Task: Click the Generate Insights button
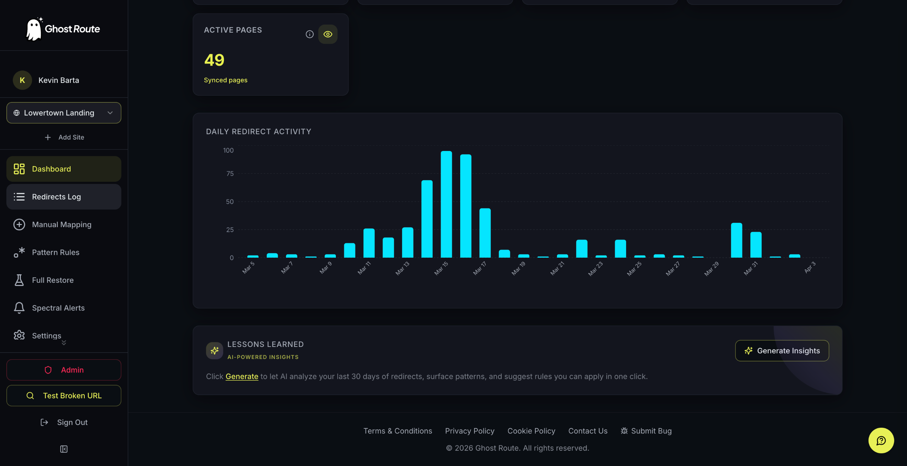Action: (782, 350)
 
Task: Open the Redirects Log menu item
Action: (64, 197)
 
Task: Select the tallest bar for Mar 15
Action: (446, 204)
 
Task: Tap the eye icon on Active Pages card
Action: (328, 34)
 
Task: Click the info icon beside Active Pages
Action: (310, 34)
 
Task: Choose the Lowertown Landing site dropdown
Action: (64, 113)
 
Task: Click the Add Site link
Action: (64, 137)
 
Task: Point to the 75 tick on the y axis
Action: (230, 174)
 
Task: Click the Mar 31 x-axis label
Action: (750, 268)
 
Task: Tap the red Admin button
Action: (64, 370)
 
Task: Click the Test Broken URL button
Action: (64, 395)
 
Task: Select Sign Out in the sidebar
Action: (64, 422)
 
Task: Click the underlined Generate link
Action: (242, 376)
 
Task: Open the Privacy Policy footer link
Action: (470, 431)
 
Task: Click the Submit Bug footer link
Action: (646, 431)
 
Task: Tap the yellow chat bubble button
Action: (881, 440)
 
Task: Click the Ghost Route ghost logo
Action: (34, 29)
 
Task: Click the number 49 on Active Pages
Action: (214, 60)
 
